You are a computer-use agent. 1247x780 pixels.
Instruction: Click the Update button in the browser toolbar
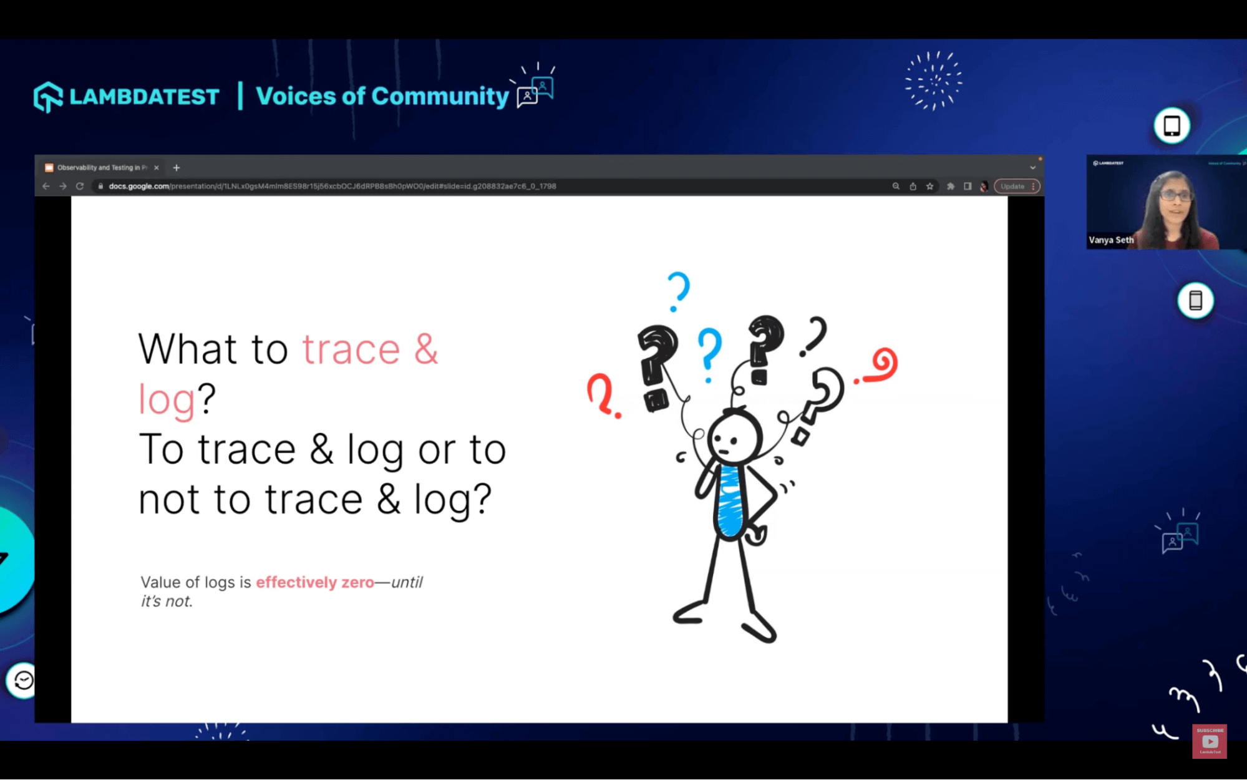tap(1012, 186)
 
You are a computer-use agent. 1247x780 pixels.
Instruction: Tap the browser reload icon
tap(80, 186)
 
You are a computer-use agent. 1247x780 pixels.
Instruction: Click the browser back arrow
tap(46, 186)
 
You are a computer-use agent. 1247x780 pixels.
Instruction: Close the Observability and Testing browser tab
tap(157, 167)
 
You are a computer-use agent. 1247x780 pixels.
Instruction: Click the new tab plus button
tap(177, 167)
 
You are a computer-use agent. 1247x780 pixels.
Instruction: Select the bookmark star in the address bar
tap(929, 186)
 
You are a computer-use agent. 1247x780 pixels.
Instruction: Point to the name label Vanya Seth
tap(1111, 240)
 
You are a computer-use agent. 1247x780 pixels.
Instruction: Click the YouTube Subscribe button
tap(1210, 741)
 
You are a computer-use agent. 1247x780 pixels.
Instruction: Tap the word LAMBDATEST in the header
tap(144, 97)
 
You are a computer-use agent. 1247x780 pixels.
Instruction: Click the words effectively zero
tap(315, 582)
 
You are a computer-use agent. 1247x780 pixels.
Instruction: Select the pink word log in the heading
tap(167, 399)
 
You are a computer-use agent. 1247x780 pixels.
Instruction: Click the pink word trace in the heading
tap(351, 349)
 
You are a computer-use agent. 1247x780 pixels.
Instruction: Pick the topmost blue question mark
tap(678, 291)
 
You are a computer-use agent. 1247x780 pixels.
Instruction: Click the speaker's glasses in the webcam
tap(1175, 195)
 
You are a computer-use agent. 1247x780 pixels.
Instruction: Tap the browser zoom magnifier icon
tap(896, 186)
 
